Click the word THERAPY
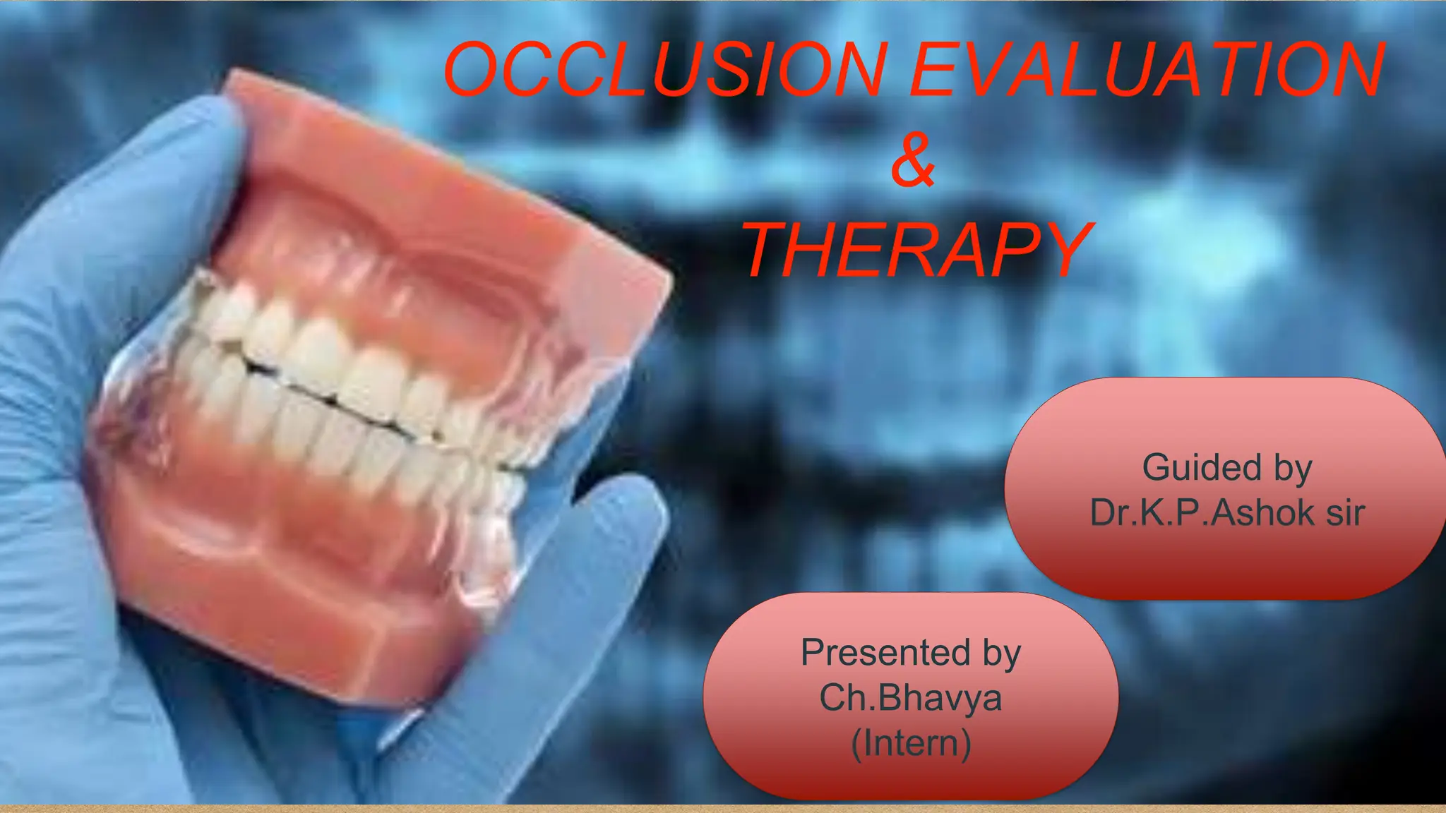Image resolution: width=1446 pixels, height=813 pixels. coord(918,250)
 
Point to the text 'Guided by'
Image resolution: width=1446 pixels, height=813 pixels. coord(1227,468)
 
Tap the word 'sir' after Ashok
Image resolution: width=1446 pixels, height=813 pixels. coord(1345,513)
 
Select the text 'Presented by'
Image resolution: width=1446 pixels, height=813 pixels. coord(911,652)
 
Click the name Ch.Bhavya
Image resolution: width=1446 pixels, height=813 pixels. coord(911,698)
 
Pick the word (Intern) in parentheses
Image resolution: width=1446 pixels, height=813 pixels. coord(911,743)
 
